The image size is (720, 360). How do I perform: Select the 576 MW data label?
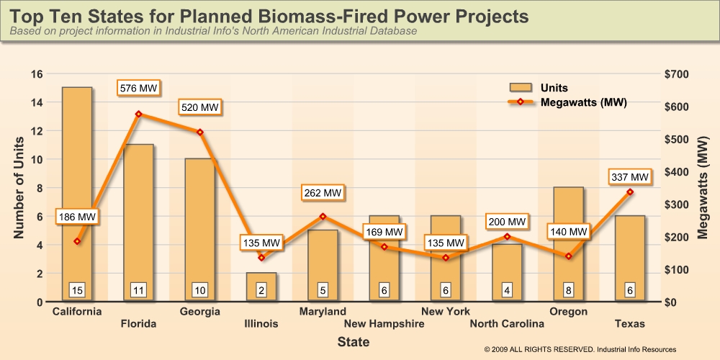click(138, 89)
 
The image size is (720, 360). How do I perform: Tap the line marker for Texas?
click(630, 192)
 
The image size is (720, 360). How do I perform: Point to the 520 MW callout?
click(199, 107)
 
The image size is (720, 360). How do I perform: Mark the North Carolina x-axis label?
click(507, 324)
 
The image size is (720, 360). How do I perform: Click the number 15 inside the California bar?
click(77, 290)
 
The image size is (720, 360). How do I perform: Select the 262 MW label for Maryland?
click(322, 193)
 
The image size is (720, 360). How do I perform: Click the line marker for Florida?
click(138, 114)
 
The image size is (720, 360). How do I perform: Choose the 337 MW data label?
click(630, 176)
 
